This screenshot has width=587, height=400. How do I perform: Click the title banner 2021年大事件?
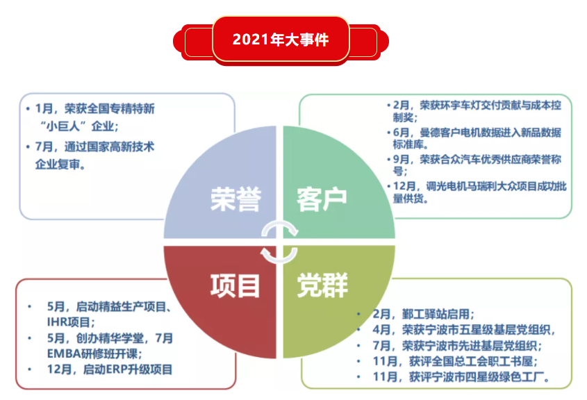tap(281, 40)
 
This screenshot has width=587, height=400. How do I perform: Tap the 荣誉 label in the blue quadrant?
tap(235, 199)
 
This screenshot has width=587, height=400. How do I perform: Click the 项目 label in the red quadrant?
tap(235, 284)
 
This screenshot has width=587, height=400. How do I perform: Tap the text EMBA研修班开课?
tap(97, 353)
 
